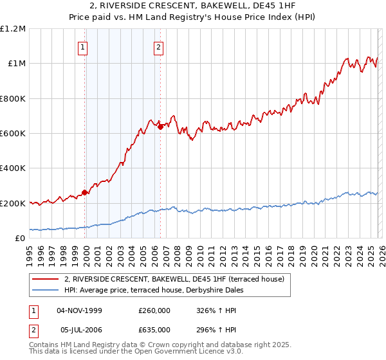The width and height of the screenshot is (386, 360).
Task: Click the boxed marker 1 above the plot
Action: (x=84, y=46)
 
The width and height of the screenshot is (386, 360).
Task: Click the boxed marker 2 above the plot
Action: (x=158, y=46)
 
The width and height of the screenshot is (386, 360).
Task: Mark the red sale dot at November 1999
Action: (x=85, y=192)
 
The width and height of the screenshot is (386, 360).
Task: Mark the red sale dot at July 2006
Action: (x=160, y=127)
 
